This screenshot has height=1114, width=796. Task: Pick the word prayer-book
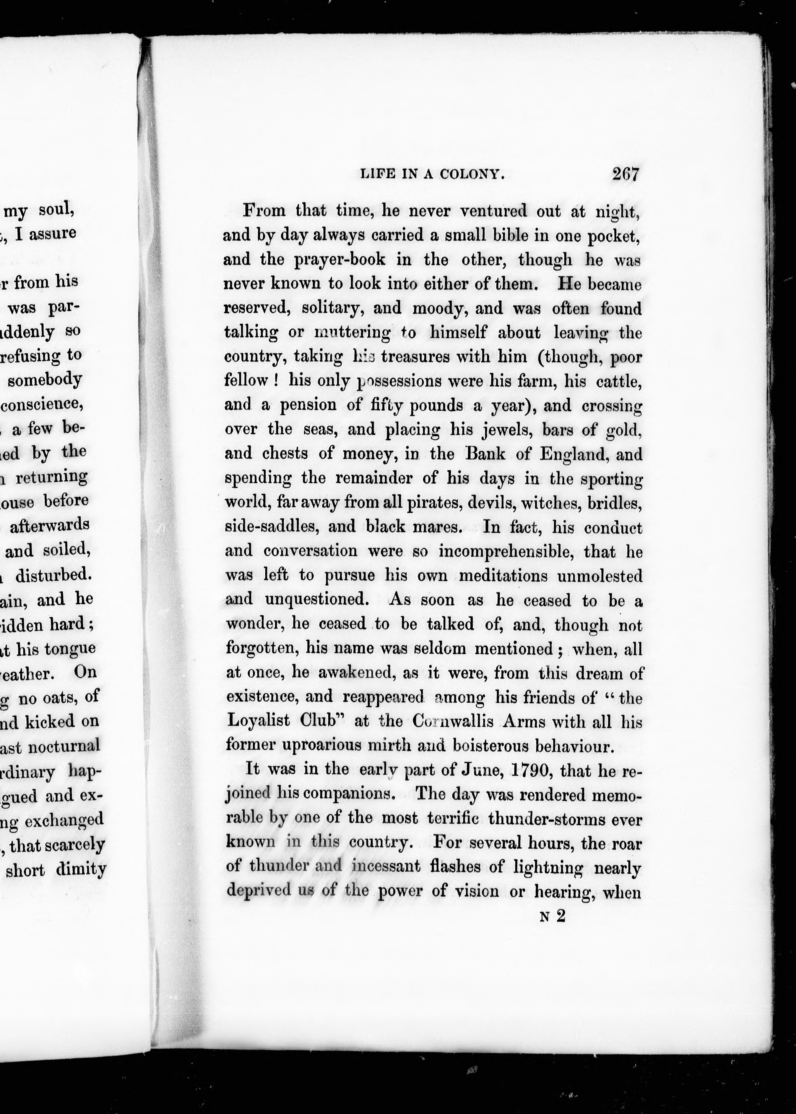[340, 259]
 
